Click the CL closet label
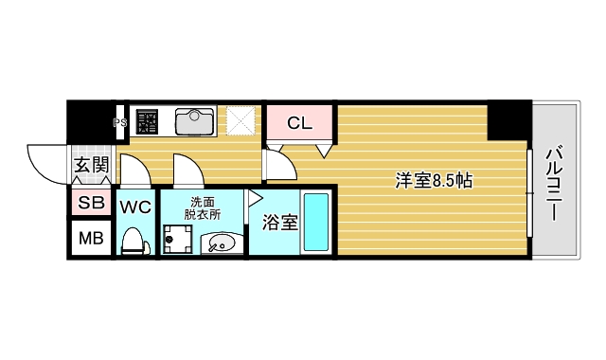coord(299,122)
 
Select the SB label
coord(91,203)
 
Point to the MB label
coord(91,238)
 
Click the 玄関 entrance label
coord(91,167)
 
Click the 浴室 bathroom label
coord(279,225)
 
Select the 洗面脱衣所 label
coord(203,207)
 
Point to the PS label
coord(120,122)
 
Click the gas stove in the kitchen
coord(148,121)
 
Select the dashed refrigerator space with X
coord(241,121)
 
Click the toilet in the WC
coord(133,243)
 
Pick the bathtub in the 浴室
coord(315,223)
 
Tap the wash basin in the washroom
coord(220,244)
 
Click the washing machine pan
coord(176,240)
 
